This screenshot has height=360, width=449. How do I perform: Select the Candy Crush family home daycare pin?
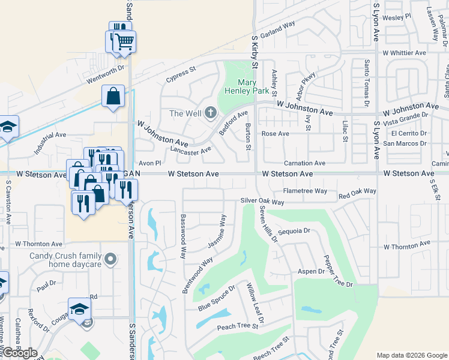110,259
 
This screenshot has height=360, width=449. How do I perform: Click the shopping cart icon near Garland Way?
125,41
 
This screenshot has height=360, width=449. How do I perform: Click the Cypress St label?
181,74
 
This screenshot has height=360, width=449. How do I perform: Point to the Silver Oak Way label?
262,202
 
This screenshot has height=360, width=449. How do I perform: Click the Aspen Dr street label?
311,272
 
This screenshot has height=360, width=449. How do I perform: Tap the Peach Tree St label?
237,326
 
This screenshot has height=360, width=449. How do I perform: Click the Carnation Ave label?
304,163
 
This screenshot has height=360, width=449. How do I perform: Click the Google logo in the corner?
20,353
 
